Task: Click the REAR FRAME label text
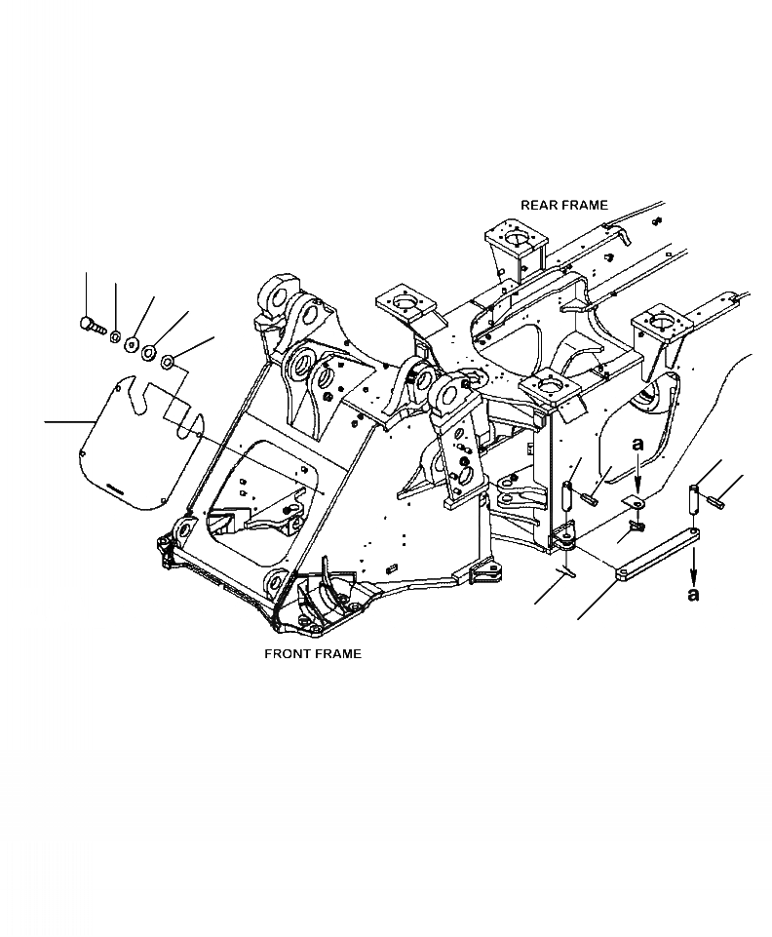click(x=563, y=206)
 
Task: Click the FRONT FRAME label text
click(x=313, y=653)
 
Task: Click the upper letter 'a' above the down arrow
click(x=638, y=445)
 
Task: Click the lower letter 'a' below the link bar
click(x=693, y=594)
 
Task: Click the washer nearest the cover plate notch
click(x=167, y=363)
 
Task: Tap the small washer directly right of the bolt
click(x=114, y=337)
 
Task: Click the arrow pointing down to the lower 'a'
click(x=693, y=565)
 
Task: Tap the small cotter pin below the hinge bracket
click(x=568, y=572)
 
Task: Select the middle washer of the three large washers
click(x=149, y=351)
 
